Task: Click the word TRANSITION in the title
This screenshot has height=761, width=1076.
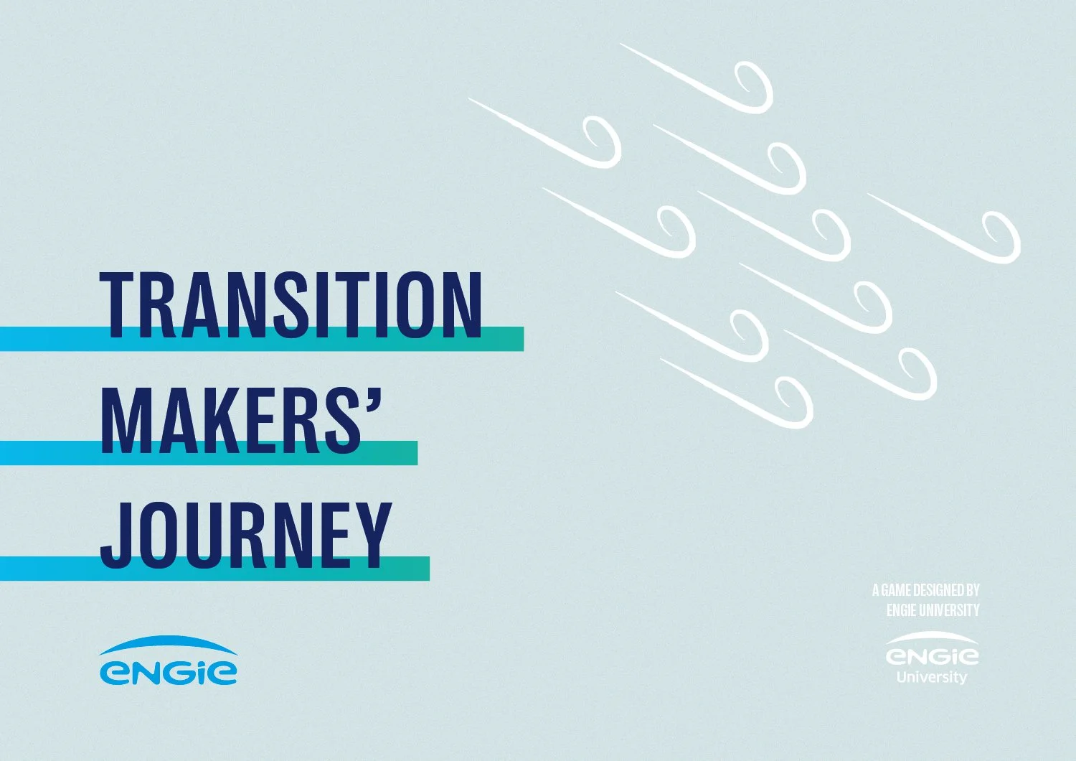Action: [291, 305]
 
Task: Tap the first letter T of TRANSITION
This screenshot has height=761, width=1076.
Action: [118, 305]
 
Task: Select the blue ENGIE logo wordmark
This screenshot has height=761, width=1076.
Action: [168, 672]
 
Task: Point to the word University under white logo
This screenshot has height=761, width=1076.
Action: [932, 677]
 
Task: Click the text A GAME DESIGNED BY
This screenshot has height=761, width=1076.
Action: [925, 590]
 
